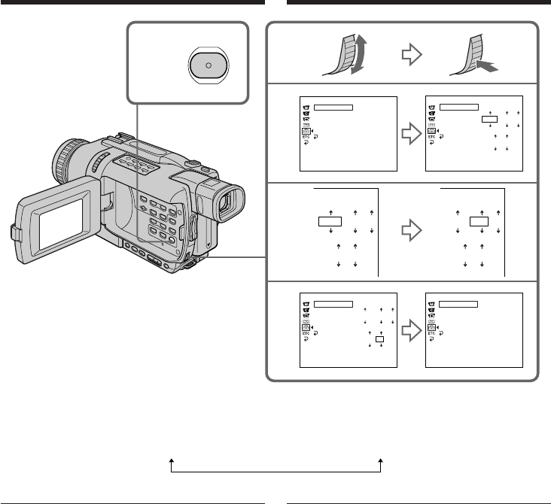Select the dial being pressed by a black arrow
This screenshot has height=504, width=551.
point(467,57)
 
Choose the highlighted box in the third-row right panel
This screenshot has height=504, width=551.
point(479,221)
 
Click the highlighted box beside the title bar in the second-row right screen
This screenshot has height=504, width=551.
point(490,118)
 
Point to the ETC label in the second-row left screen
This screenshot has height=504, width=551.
point(306,138)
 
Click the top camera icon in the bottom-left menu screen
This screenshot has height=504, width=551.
point(306,303)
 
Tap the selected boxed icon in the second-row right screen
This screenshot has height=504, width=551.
point(431,131)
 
